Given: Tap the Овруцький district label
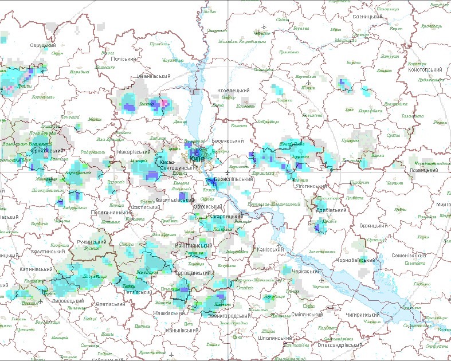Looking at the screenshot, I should click(43, 45).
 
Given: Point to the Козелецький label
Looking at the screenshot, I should click(234, 91).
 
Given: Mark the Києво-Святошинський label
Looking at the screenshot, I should click(176, 163).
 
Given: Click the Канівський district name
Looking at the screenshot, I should click(269, 249).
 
